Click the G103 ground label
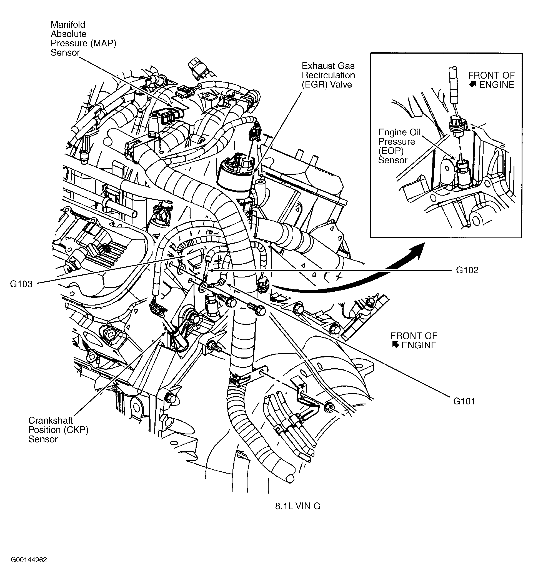tap(21, 284)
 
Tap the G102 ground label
tap(467, 270)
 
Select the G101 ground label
tap(464, 401)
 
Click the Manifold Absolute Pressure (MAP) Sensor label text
tap(83, 38)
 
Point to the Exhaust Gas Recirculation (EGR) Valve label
tap(328, 75)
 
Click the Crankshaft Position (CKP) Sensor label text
tap(58, 430)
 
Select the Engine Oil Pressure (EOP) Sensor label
tap(399, 146)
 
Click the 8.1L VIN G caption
tap(297, 506)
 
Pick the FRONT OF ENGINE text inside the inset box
tap(491, 80)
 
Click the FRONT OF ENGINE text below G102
tap(414, 340)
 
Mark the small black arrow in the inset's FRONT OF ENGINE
tap(473, 84)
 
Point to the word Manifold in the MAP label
tap(68, 24)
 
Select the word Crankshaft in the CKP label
tap(51, 421)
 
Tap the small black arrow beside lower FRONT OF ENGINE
tap(395, 345)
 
